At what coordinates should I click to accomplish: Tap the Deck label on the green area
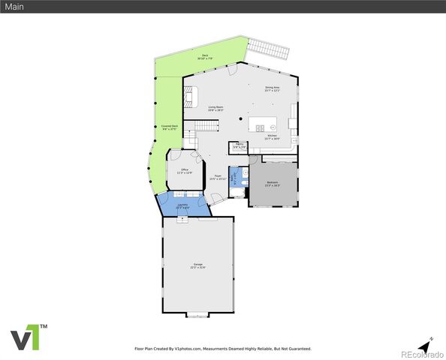pos(204,57)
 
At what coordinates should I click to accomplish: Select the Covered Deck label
pos(169,127)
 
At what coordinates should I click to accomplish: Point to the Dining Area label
pos(272,89)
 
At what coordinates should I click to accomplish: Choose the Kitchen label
pos(272,137)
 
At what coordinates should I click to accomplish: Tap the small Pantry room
pos(239,146)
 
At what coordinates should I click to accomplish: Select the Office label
pos(185,172)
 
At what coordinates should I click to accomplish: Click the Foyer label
pos(217,178)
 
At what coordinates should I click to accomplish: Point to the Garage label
pos(198,265)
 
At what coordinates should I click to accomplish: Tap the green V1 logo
pos(29,337)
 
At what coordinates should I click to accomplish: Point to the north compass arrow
pos(425,345)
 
